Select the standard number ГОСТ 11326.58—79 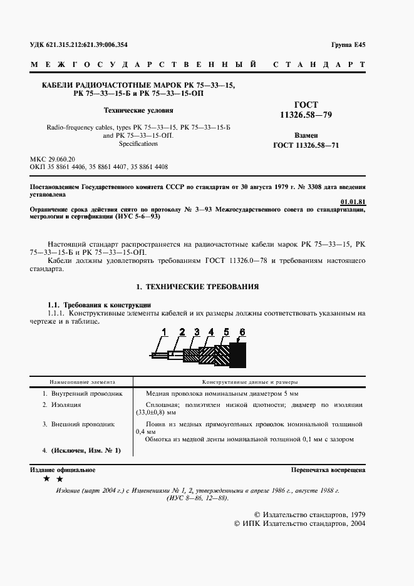(305, 111)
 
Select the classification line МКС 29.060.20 (53, 160)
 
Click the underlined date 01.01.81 (353, 202)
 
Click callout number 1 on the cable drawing (165, 331)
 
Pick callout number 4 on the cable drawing (211, 331)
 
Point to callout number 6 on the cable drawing (242, 331)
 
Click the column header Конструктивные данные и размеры (249, 381)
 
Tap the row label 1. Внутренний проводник (82, 394)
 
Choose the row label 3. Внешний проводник (78, 424)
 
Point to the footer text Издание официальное (63, 470)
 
